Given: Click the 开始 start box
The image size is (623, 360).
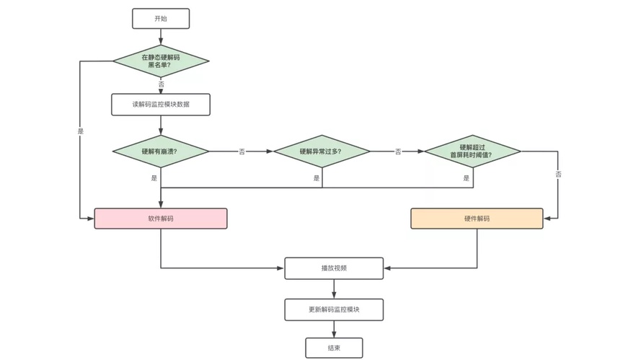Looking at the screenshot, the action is click(161, 19).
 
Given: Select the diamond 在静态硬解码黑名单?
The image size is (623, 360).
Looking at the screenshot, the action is click(161, 61).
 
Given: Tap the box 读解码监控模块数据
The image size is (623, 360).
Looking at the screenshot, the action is click(161, 105).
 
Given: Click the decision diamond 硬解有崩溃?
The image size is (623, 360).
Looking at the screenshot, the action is click(161, 152).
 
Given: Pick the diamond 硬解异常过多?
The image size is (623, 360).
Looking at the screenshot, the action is click(322, 152).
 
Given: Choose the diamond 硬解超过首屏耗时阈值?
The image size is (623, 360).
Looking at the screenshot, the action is click(473, 152).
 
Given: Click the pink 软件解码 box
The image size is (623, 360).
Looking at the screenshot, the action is click(161, 219).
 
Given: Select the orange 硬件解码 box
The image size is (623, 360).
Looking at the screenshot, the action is click(477, 219).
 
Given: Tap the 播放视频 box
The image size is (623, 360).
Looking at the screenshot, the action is click(334, 268).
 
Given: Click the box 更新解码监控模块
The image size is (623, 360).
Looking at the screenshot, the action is click(334, 309).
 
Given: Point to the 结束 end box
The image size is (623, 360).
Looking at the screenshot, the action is click(334, 348).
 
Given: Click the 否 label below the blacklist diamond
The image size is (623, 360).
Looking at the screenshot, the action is click(161, 84).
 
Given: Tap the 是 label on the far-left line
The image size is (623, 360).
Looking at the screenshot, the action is click(81, 131).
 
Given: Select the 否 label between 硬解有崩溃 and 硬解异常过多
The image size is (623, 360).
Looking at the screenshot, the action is click(242, 152).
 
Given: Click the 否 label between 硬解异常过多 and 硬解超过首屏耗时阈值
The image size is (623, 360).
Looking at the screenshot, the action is click(398, 152).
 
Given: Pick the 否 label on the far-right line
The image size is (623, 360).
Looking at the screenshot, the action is click(558, 174).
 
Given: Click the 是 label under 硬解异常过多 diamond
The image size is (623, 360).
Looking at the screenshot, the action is click(317, 178).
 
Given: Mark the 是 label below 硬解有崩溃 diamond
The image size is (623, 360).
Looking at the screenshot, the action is click(154, 178).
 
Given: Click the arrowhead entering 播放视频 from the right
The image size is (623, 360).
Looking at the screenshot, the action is click(387, 268).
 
